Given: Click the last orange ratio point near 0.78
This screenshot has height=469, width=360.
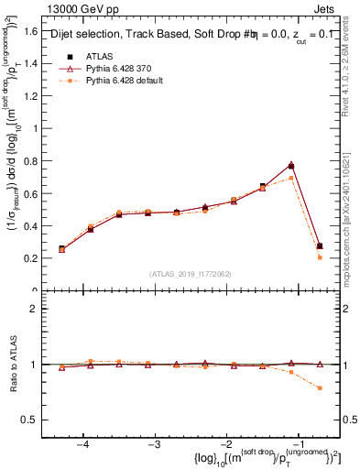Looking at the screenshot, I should click(x=320, y=388).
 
